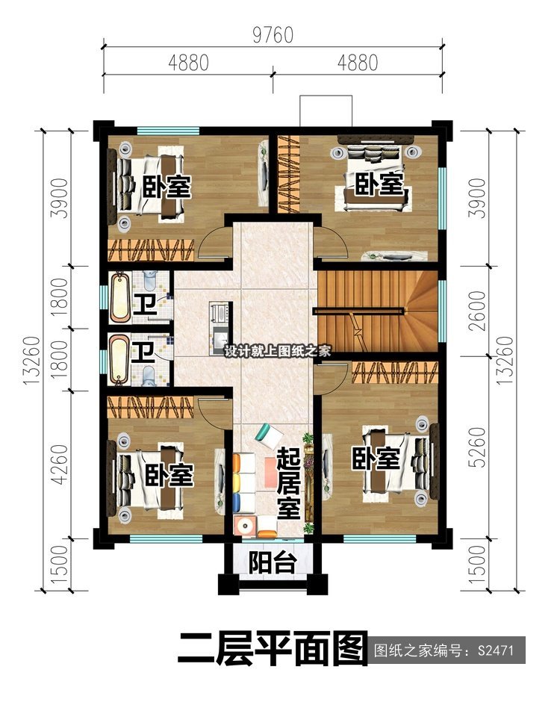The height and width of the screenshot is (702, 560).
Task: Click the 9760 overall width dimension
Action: [273, 35]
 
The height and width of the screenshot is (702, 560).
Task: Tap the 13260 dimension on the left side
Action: [32, 361]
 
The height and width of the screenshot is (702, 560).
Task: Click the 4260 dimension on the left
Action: [59, 465]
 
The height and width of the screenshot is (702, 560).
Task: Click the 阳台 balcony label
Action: [273, 562]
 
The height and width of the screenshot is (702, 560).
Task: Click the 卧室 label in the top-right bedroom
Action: [379, 184]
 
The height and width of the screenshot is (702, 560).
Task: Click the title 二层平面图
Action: [272, 649]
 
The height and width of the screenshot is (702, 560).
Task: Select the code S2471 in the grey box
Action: [496, 650]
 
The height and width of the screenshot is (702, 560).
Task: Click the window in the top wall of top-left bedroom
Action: [168, 131]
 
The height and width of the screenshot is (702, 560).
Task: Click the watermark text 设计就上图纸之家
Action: [278, 350]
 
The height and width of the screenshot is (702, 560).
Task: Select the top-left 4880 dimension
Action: [188, 63]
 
